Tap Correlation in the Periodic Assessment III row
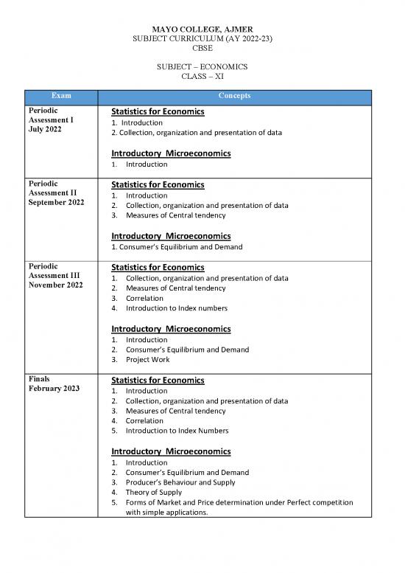pos(144,298)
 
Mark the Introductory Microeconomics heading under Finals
pos(171,451)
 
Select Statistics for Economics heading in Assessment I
pos(157,112)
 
